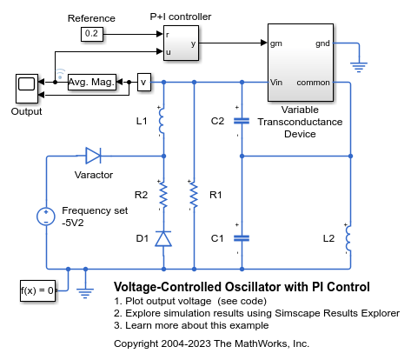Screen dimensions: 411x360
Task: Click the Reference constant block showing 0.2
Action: pyautogui.click(x=92, y=34)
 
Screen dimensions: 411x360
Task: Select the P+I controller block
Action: pyautogui.click(x=181, y=43)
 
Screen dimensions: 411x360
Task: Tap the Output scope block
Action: pyautogui.click(x=27, y=89)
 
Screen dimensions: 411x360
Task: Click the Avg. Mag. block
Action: pyautogui.click(x=92, y=83)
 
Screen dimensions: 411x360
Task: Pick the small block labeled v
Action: pyautogui.click(x=144, y=83)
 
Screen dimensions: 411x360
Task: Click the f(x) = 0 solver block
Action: pyautogui.click(x=37, y=290)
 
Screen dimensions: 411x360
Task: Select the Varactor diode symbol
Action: pyautogui.click(x=93, y=156)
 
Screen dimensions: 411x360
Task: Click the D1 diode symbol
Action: pyautogui.click(x=163, y=239)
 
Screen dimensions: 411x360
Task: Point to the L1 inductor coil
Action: pyautogui.click(x=162, y=121)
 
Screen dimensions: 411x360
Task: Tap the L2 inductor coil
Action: pyautogui.click(x=348, y=238)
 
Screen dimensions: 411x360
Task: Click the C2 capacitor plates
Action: pyautogui.click(x=242, y=121)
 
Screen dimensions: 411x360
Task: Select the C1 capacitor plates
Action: pyautogui.click(x=242, y=238)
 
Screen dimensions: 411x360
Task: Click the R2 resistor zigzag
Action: pyautogui.click(x=163, y=195)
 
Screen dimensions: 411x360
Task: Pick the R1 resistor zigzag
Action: pyautogui.click(x=194, y=195)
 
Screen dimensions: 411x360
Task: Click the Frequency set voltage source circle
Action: pyautogui.click(x=46, y=217)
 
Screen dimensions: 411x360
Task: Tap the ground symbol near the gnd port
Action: pyautogui.click(x=359, y=67)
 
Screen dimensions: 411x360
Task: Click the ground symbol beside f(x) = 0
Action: pyautogui.click(x=85, y=293)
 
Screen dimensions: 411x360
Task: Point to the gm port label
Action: pyautogui.click(x=276, y=43)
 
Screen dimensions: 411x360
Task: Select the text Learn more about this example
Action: pyautogui.click(x=196, y=325)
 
